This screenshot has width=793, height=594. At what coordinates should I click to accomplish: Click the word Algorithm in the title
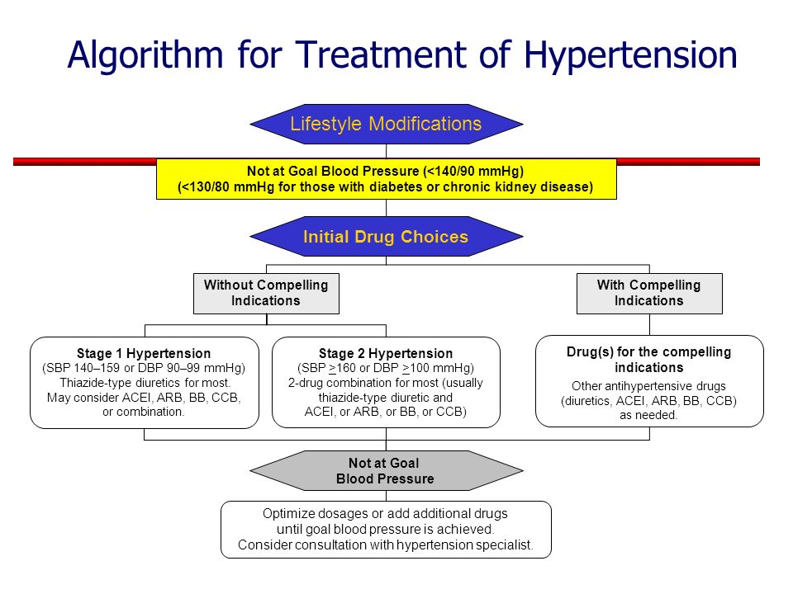[145, 55]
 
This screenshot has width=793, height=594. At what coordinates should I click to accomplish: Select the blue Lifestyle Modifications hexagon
[387, 125]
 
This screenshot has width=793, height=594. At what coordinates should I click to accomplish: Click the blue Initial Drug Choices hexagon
[387, 237]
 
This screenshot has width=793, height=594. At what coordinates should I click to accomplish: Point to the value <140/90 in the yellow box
[454, 172]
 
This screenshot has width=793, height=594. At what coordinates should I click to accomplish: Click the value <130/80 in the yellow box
[207, 187]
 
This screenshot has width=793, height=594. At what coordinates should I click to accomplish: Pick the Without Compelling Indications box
[266, 294]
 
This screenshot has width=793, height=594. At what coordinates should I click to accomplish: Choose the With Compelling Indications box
[649, 294]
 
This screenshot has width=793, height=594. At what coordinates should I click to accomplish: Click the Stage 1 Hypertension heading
[144, 353]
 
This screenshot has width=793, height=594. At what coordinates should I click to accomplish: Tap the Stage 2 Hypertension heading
[386, 353]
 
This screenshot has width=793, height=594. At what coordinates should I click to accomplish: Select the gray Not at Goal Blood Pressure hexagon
[387, 471]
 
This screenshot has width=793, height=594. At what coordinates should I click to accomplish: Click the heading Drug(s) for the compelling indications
[649, 360]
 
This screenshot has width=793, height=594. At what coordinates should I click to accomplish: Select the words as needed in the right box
[648, 415]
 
